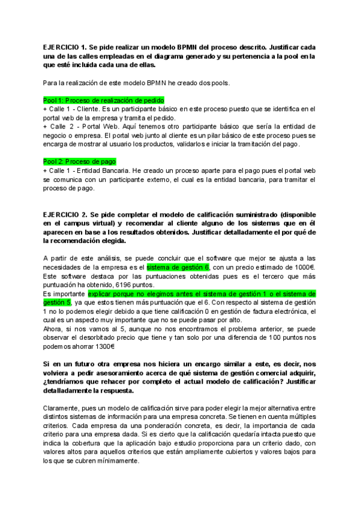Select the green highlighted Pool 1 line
point(103,100)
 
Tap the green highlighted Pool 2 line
point(79,162)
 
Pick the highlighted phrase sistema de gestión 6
point(178,267)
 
